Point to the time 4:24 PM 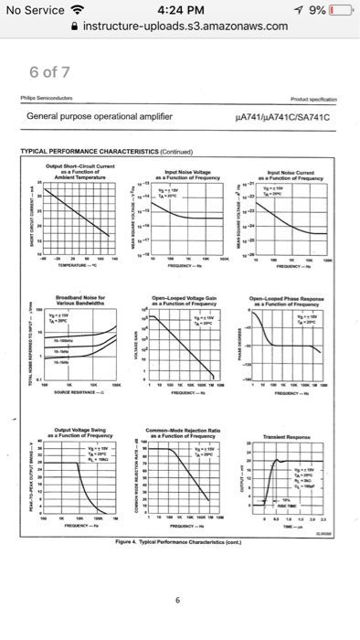[x=180, y=11]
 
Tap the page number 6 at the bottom [x=180, y=600]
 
